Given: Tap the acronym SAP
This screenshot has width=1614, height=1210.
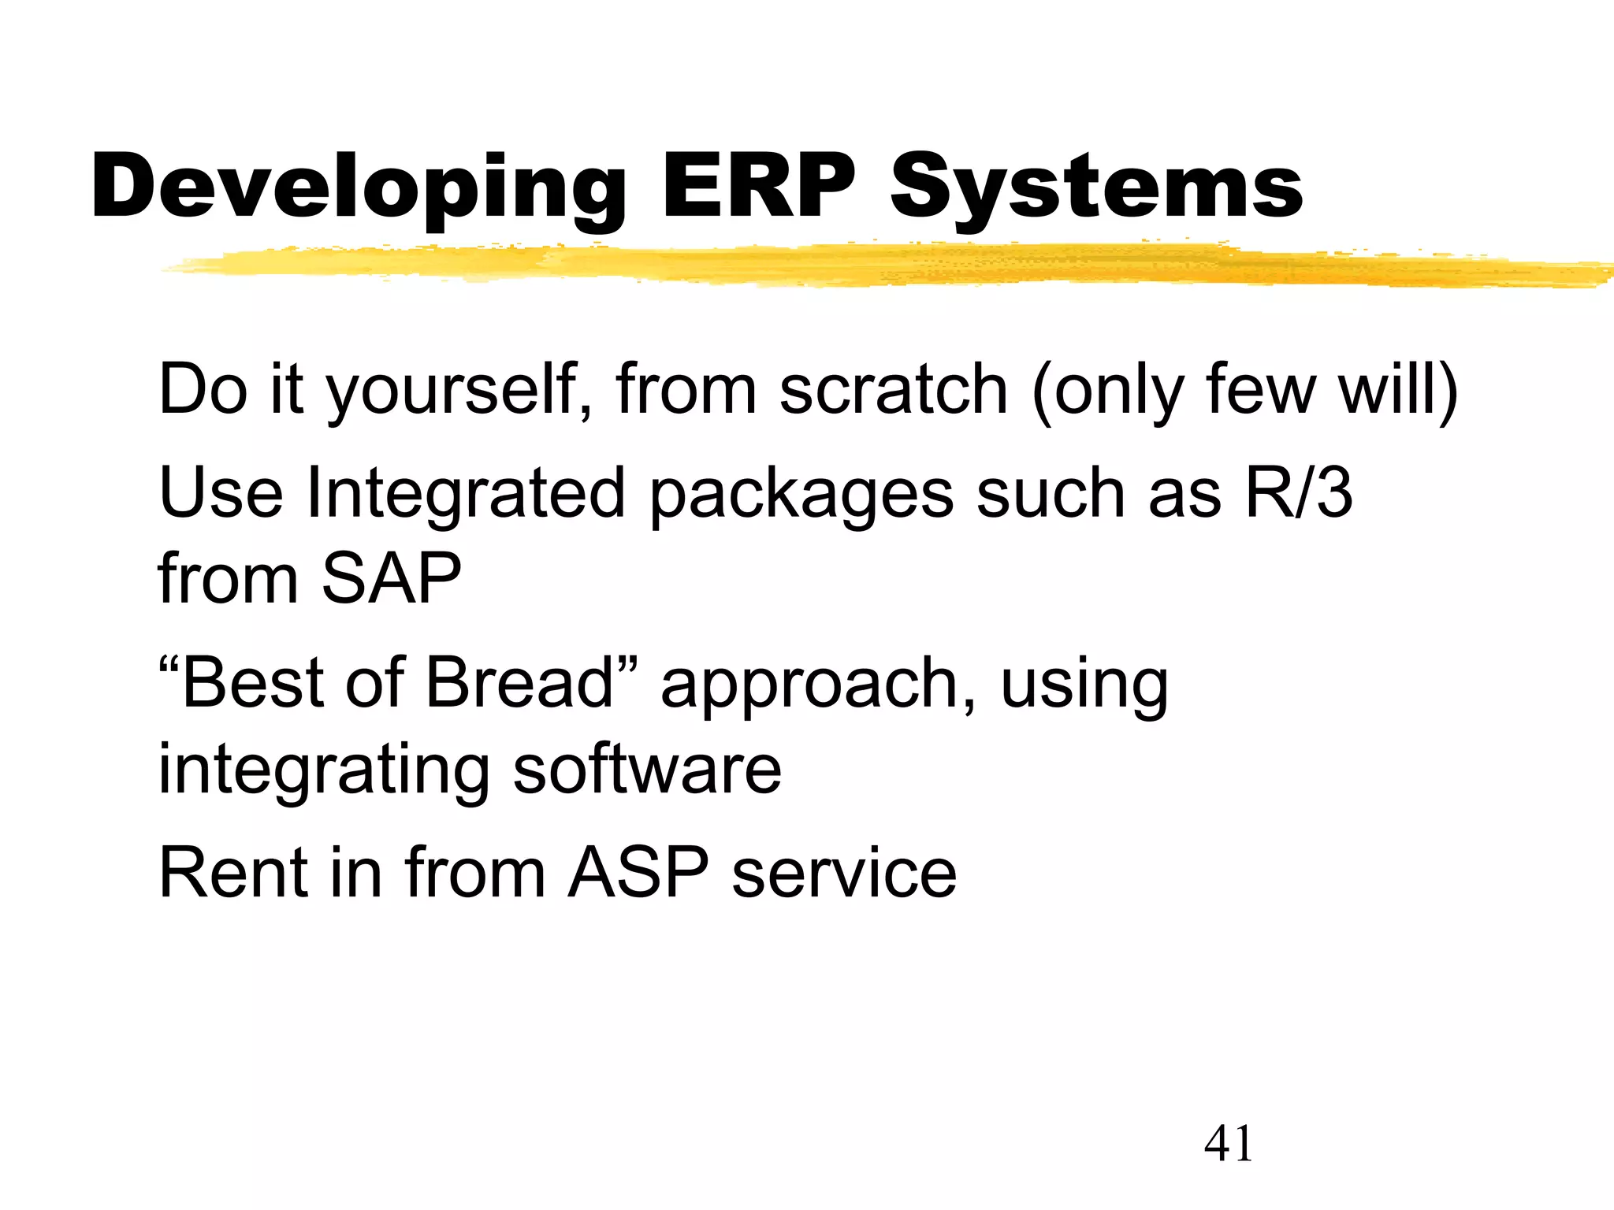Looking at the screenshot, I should [391, 579].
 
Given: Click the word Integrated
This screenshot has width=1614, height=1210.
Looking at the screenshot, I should [465, 495].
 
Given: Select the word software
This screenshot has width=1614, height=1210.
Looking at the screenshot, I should [647, 769].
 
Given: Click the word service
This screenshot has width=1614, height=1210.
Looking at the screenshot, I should [844, 874].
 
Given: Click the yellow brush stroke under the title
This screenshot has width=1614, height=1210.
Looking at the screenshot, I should [867, 265].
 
